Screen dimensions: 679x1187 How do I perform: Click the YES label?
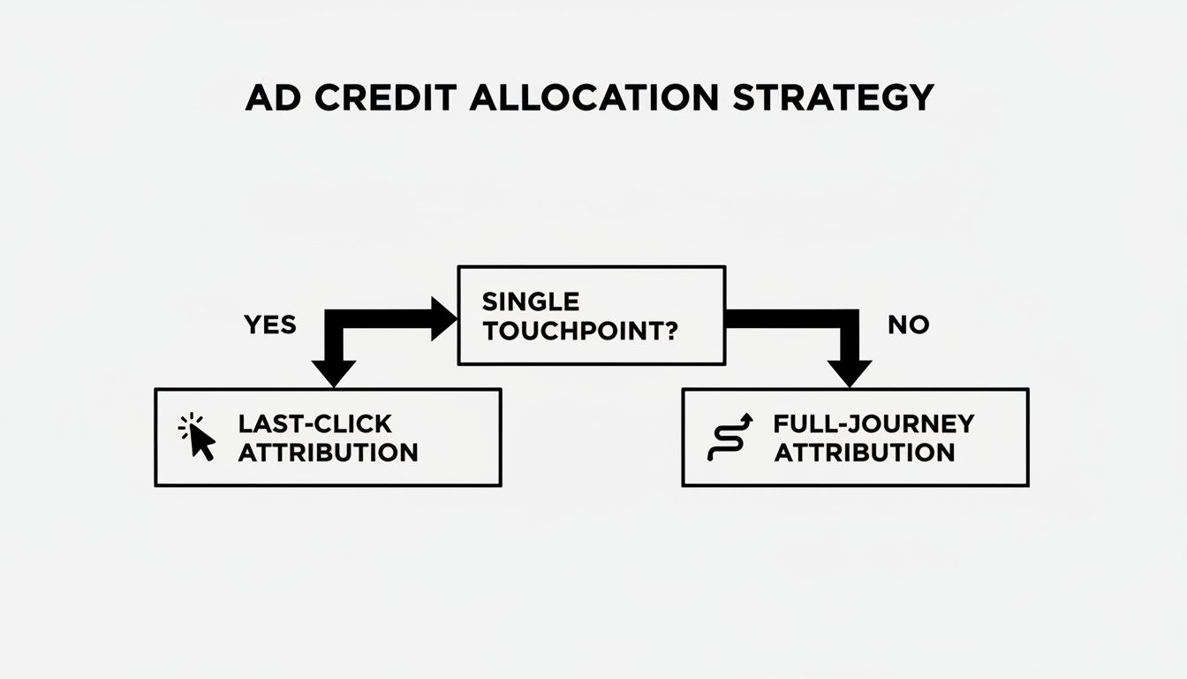269,325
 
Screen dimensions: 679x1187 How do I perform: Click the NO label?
908,325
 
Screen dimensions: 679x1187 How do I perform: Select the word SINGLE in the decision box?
531,301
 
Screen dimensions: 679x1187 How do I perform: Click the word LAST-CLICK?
314,423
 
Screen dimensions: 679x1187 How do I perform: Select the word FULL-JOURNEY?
873,423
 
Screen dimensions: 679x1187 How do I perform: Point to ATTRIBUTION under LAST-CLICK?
328,453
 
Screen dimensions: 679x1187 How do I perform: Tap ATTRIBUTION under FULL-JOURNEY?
865,453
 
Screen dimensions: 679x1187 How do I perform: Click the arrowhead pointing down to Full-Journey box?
850,373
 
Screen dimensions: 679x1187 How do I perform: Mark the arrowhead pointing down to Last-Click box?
334,373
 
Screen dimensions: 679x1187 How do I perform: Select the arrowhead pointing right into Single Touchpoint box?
443,318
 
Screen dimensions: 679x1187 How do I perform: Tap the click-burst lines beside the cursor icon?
186,428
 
